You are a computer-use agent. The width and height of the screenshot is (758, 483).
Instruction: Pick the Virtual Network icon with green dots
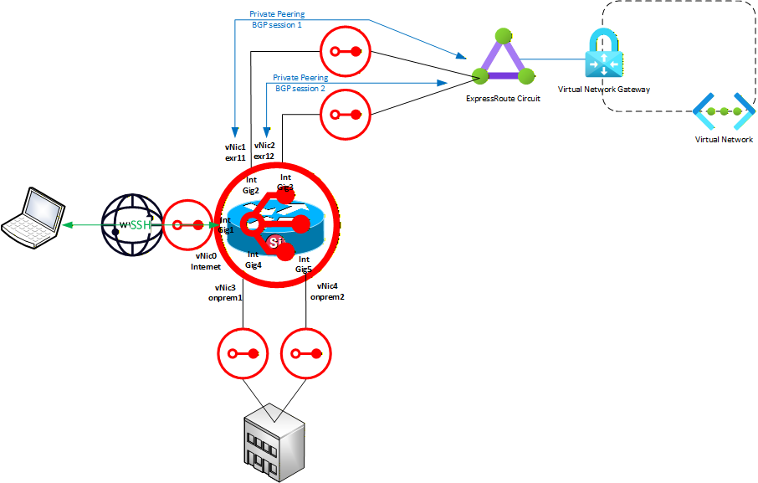pyautogui.click(x=719, y=110)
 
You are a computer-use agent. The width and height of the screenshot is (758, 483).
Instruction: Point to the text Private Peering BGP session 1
pyautogui.click(x=276, y=19)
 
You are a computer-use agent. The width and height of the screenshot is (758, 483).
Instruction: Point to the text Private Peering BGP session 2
pyautogui.click(x=300, y=82)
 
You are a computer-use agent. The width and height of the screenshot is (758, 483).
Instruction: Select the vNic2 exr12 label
pyautogui.click(x=264, y=151)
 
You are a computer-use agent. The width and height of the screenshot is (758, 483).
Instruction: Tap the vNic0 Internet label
pyautogui.click(x=207, y=261)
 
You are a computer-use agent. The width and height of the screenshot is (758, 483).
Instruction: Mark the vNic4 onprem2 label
pyautogui.click(x=327, y=291)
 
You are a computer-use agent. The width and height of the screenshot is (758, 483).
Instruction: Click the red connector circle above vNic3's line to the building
pyautogui.click(x=243, y=353)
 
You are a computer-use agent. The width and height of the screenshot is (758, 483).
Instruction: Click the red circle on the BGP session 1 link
pyautogui.click(x=345, y=51)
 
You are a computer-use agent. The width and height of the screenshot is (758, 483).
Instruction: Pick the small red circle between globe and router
pyautogui.click(x=187, y=224)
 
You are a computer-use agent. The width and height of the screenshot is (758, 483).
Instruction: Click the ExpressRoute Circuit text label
pyautogui.click(x=503, y=98)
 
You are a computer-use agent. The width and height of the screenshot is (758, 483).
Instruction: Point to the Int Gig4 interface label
pyautogui.click(x=254, y=259)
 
